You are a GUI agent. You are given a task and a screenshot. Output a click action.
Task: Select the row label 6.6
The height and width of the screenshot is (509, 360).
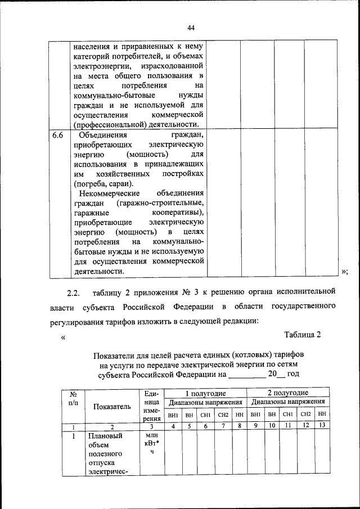coord(58,136)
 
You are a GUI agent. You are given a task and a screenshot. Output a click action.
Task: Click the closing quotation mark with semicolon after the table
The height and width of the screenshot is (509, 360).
coord(345,272)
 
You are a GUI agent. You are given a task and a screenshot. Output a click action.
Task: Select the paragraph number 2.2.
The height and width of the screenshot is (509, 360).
coord(74,292)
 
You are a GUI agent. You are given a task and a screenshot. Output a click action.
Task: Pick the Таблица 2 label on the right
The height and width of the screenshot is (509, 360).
coord(302,335)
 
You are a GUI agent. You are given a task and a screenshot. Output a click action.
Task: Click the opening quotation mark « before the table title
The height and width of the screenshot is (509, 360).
coord(63,337)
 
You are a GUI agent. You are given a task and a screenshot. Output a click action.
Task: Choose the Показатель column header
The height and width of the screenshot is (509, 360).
coord(112,406)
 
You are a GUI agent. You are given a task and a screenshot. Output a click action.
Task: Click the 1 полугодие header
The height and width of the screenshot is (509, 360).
coord(206,393)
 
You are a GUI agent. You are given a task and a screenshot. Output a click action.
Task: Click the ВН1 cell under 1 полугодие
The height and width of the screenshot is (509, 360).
coord(173,415)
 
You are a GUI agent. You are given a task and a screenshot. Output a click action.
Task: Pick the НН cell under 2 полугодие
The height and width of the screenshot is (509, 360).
coord(322,415)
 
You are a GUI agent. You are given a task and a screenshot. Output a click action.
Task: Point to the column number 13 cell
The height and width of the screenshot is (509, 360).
coord(322,426)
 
